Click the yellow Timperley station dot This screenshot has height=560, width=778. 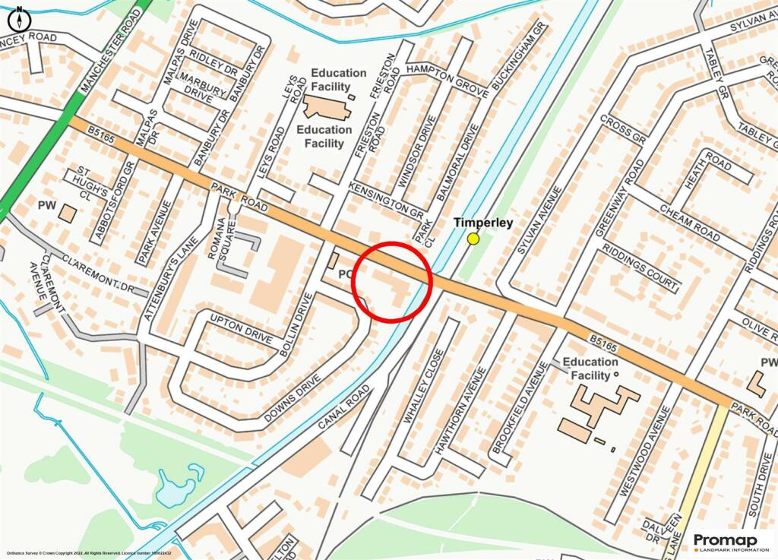click(473, 239)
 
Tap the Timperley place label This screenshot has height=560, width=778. click(483, 223)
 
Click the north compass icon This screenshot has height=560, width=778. click(21, 17)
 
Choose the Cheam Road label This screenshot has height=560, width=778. click(689, 223)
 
